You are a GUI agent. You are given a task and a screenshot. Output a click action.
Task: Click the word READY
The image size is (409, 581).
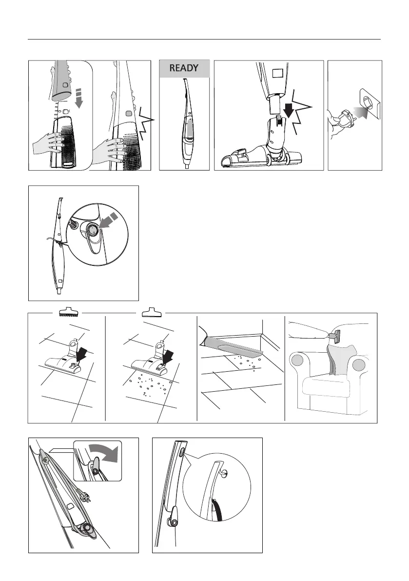[184, 68]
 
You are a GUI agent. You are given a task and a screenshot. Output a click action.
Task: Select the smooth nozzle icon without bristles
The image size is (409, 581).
[152, 313]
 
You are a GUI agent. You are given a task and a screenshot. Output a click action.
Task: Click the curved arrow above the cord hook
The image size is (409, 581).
[105, 453]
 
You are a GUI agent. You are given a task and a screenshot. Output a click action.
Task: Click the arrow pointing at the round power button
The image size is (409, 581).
[110, 221]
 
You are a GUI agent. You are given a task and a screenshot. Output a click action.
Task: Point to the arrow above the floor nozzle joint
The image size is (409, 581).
[289, 108]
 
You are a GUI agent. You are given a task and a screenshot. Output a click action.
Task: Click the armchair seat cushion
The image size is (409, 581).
[326, 386]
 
